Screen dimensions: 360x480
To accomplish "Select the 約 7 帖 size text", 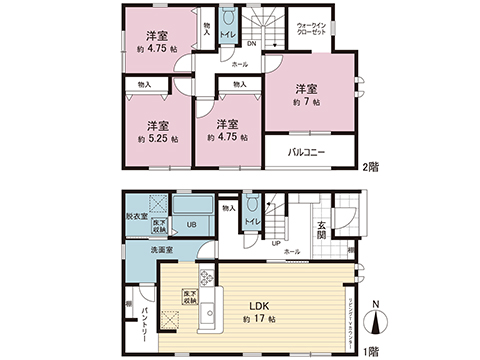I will tap(306, 102).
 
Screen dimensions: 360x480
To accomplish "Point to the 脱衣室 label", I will tap(137, 216).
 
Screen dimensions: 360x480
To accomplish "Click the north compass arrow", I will tap(375, 320).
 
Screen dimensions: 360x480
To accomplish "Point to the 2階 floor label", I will tap(370, 167).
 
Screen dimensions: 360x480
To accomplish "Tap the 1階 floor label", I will tap(370, 351).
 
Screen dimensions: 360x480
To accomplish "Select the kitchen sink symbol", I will tap(209, 320).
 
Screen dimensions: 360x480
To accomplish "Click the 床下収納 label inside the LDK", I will tap(189, 296).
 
